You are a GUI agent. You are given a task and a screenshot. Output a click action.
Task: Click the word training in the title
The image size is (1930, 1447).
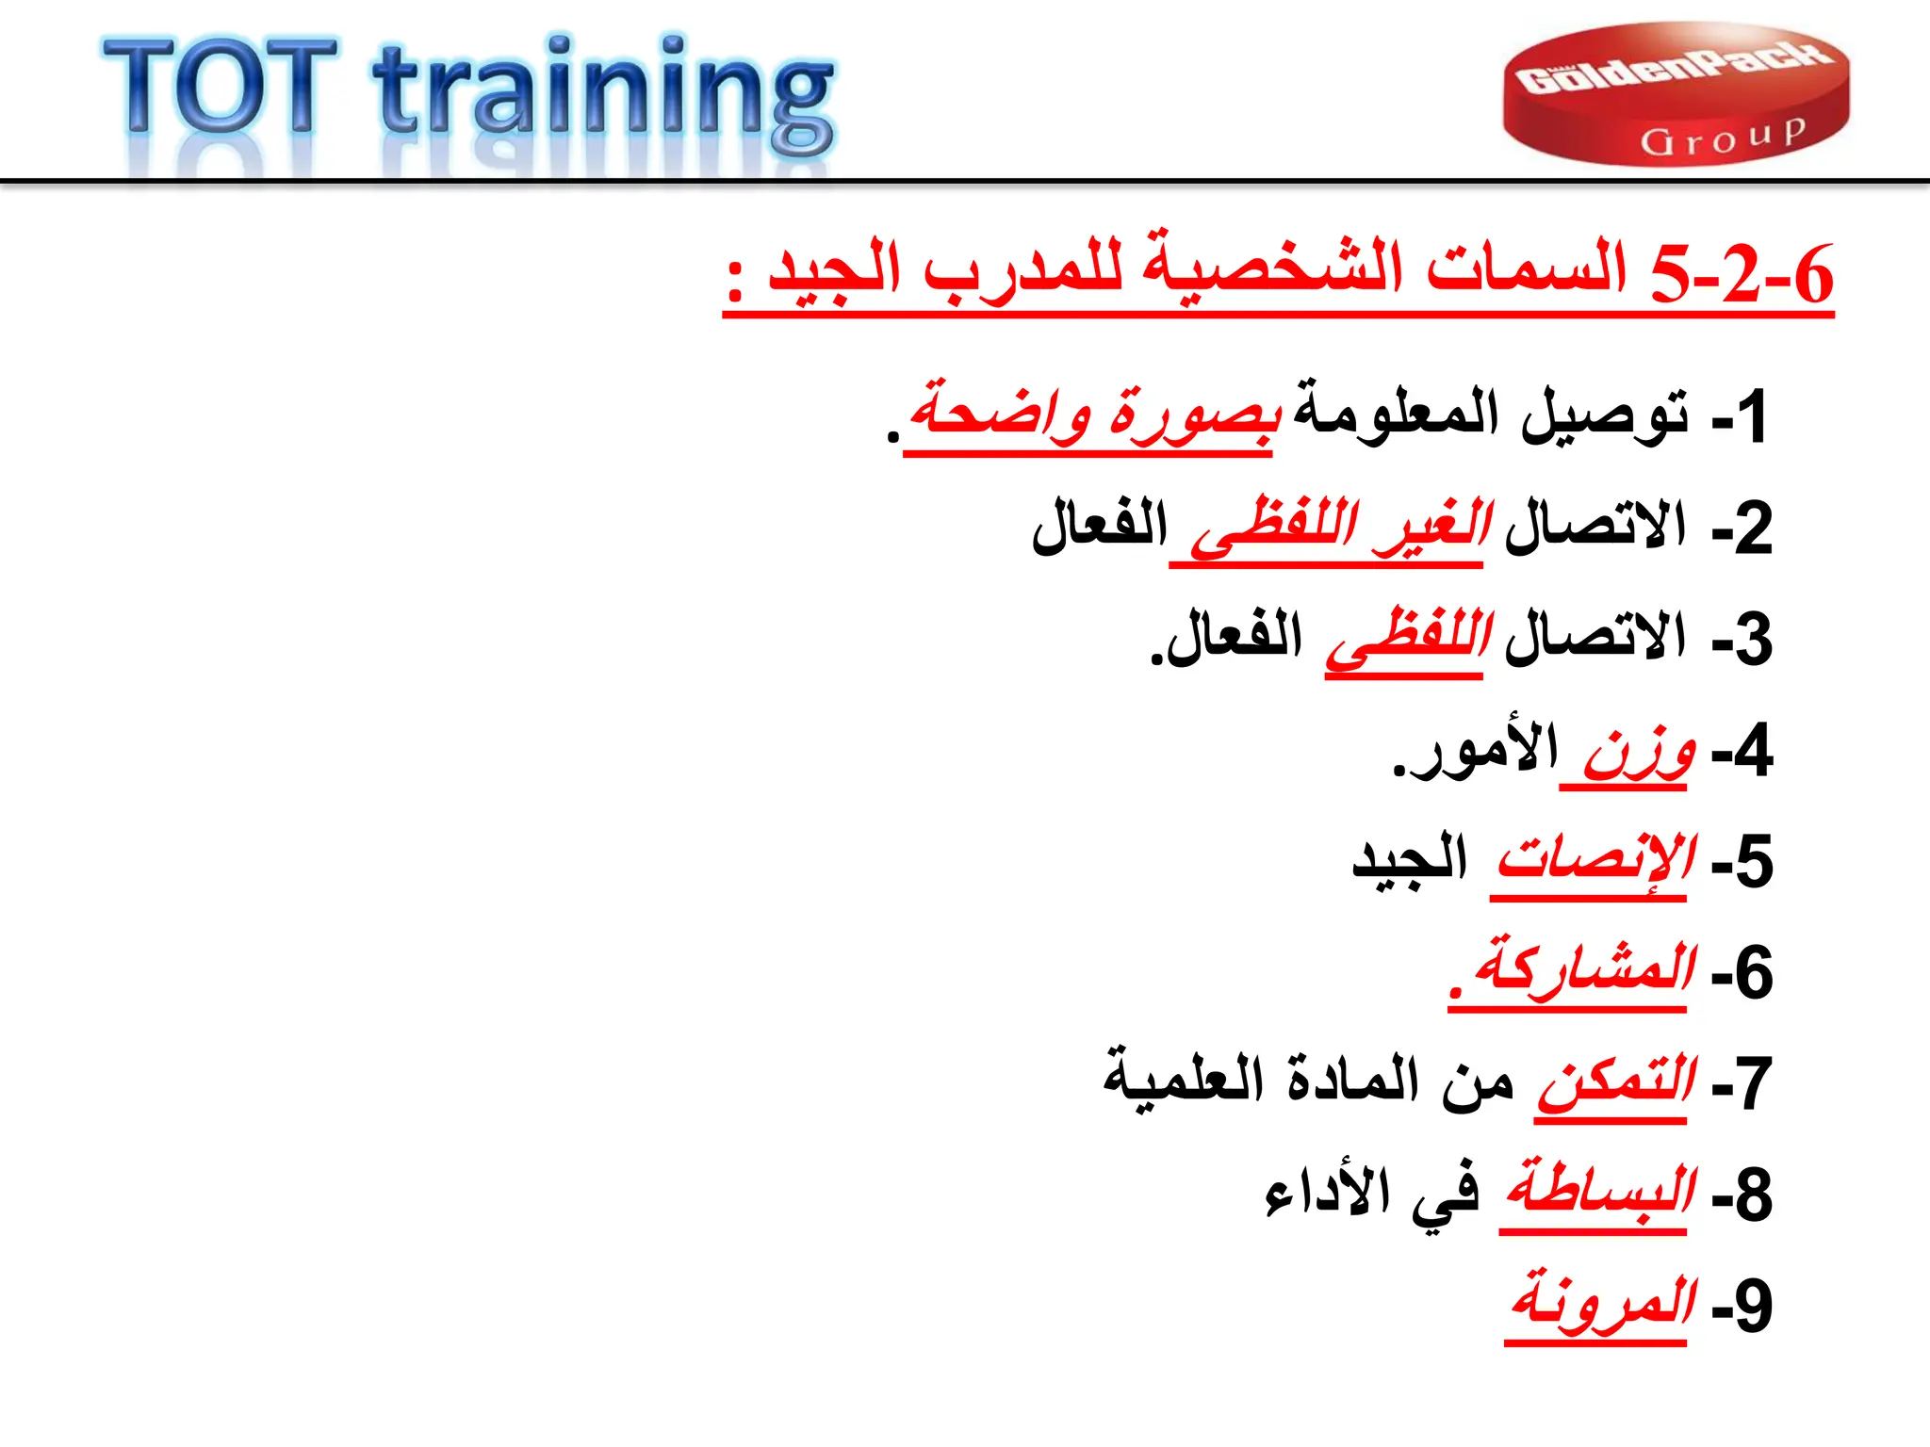pos(603,94)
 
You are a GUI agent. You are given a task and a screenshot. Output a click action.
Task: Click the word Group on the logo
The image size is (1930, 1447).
pos(1723,138)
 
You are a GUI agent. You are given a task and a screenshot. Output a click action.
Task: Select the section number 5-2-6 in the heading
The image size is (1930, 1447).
pos(1742,275)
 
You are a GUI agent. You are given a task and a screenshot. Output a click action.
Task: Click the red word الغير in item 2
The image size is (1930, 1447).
pos(1432,528)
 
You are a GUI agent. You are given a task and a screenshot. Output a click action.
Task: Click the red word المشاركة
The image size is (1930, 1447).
pos(1585,970)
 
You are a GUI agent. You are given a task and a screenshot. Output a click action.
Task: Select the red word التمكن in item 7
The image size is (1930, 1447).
pos(1615,1081)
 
